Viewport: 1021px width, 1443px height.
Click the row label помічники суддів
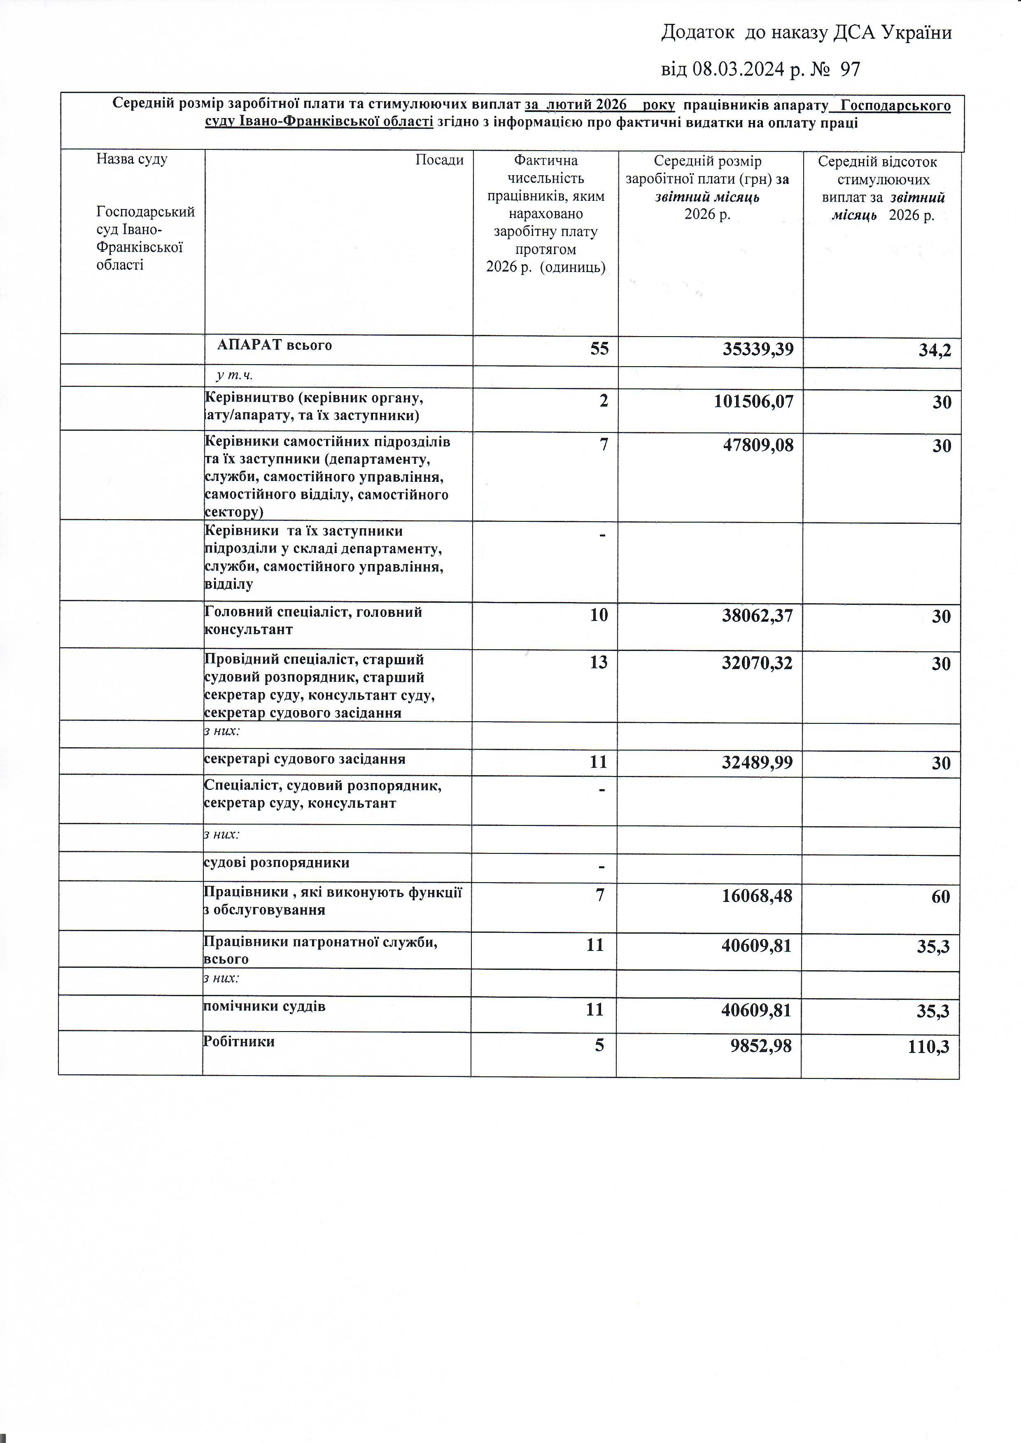(265, 1006)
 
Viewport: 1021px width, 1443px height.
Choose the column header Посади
(439, 160)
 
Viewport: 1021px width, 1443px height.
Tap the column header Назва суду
(132, 159)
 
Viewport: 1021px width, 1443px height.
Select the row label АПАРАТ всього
(275, 345)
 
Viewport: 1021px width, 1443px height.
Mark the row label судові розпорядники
(277, 862)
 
